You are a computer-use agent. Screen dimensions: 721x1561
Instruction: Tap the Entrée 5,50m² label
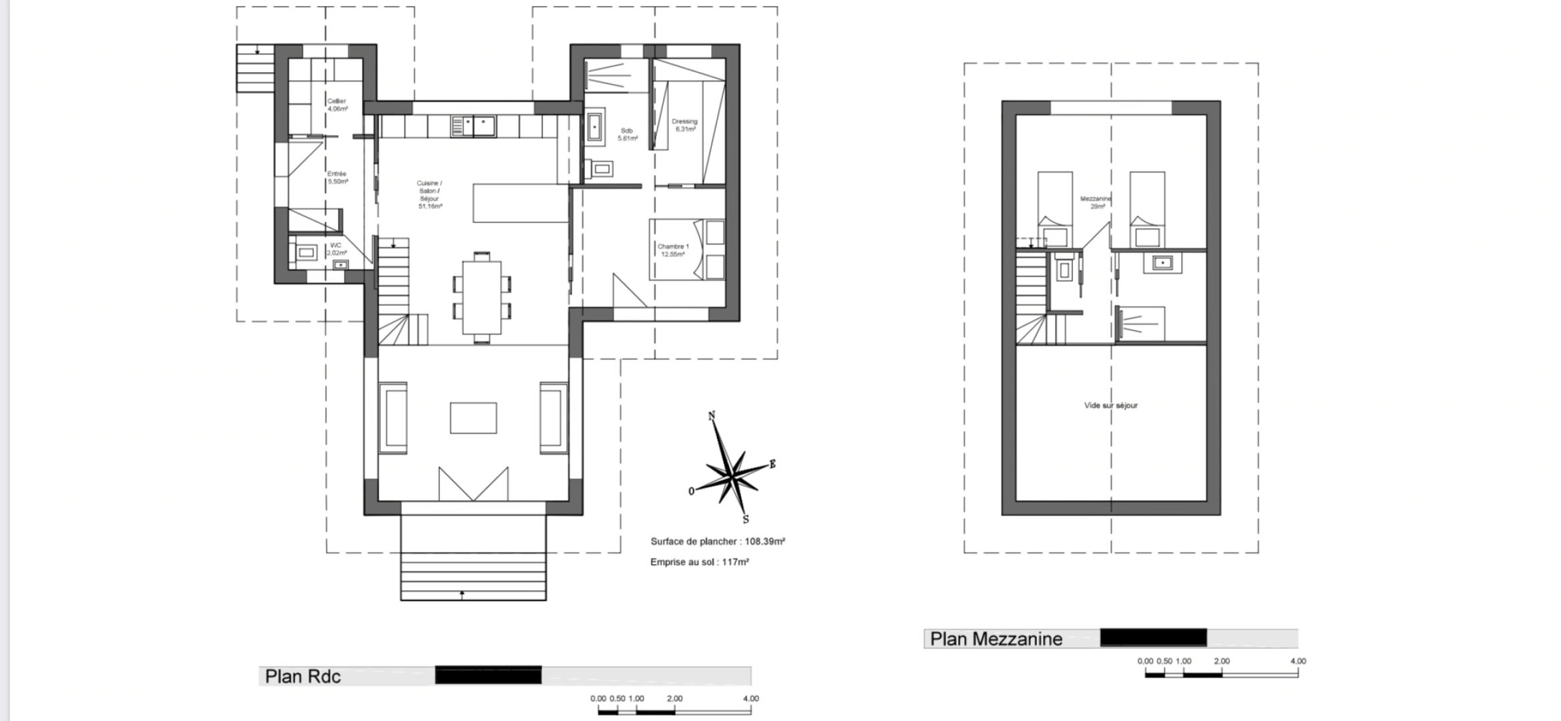click(337, 178)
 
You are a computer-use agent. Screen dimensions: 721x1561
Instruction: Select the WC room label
click(336, 249)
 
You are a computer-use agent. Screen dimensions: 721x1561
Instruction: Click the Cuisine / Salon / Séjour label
click(429, 194)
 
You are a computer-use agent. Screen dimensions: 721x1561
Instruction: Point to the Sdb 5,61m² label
click(627, 134)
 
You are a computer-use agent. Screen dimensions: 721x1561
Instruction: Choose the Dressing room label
click(684, 125)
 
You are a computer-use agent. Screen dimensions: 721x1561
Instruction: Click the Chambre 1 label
click(672, 250)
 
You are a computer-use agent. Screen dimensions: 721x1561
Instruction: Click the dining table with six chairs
click(481, 297)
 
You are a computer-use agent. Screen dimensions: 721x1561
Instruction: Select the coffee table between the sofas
click(473, 418)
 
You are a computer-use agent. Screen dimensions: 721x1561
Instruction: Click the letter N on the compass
click(712, 416)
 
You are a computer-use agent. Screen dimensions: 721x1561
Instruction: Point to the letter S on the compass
click(746, 519)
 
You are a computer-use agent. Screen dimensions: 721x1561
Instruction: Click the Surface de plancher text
click(717, 541)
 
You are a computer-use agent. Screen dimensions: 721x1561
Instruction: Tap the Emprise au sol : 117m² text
click(699, 562)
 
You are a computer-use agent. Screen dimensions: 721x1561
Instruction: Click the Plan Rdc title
click(302, 676)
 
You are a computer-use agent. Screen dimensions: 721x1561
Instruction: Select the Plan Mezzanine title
click(995, 639)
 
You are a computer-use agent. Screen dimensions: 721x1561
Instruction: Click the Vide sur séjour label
click(1110, 405)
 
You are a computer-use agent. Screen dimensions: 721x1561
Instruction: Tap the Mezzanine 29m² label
click(1096, 202)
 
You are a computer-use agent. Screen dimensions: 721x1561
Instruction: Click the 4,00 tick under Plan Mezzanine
click(1297, 662)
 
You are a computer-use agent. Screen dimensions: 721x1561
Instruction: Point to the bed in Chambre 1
click(687, 250)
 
